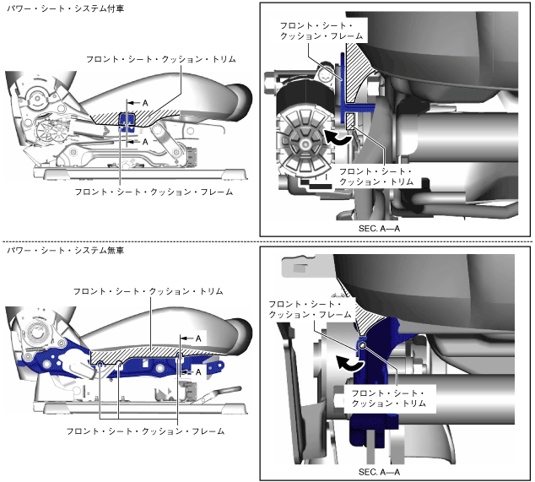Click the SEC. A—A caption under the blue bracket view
[x=382, y=470]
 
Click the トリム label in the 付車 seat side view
[x=159, y=59]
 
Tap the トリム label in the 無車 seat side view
[x=149, y=291]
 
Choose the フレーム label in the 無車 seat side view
[x=145, y=431]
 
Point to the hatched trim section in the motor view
[x=365, y=68]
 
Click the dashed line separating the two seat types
[x=267, y=242]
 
